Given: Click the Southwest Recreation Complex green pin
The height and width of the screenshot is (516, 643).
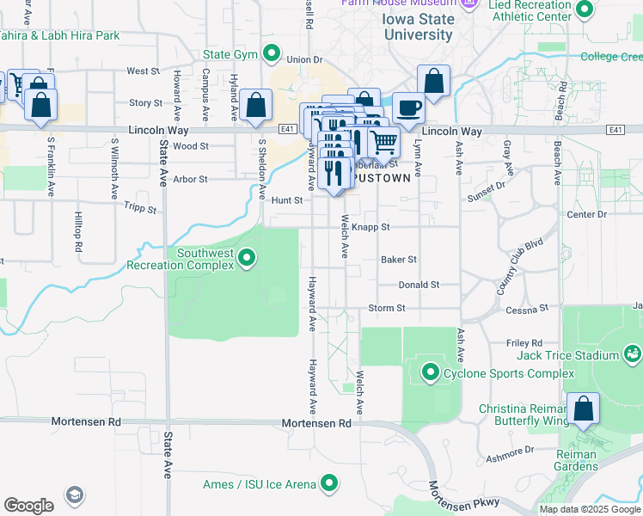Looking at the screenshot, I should tap(248, 257).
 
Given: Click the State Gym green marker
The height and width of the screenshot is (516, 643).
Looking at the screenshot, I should tap(272, 54).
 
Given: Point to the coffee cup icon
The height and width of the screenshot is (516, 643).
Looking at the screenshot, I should tap(408, 108).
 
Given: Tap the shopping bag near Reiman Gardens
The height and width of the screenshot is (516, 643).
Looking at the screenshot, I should tap(584, 410).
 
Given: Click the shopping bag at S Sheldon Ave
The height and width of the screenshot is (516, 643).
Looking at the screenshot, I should tap(256, 107).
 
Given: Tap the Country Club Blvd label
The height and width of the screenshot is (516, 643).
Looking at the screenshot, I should tap(521, 267).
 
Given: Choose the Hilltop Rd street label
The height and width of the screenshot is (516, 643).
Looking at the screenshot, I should tap(78, 233).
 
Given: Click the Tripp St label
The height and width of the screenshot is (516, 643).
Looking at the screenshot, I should tap(139, 208).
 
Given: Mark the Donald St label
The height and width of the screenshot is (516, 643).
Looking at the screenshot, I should tap(419, 285).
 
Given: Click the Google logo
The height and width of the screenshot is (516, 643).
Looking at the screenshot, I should tap(28, 505).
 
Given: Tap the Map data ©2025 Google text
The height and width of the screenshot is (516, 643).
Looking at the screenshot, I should tap(589, 509).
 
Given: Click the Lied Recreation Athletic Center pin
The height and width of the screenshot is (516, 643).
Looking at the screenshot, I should tap(585, 10).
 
